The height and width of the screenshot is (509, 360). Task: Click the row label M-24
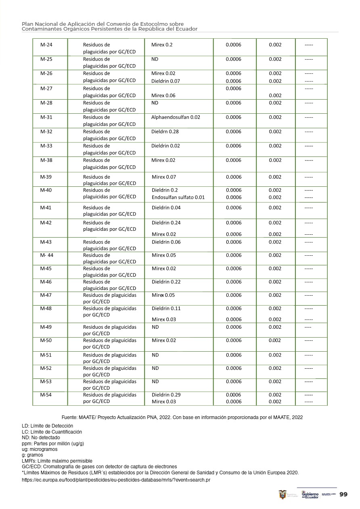(46, 45)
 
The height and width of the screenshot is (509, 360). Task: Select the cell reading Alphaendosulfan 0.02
(176, 117)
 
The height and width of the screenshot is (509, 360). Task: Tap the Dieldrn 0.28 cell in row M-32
(165, 132)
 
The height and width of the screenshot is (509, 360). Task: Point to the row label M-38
(46, 161)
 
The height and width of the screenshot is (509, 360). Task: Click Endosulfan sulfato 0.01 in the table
(178, 197)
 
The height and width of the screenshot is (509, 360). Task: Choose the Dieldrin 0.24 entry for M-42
(166, 223)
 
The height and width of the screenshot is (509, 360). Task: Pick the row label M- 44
(47, 255)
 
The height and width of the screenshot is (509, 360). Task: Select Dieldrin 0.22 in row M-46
(166, 282)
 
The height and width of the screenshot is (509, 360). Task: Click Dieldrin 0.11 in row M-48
(166, 309)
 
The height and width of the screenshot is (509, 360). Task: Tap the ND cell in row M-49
(155, 327)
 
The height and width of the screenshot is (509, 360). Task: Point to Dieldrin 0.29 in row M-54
(166, 395)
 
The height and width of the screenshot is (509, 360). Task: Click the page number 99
(343, 494)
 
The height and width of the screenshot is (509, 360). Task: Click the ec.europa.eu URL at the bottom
(116, 480)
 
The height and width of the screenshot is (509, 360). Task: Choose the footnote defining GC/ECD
(99, 467)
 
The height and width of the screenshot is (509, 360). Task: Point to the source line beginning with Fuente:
(182, 417)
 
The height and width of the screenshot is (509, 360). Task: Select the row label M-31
(46, 117)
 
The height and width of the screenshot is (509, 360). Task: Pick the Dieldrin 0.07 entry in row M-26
(165, 81)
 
